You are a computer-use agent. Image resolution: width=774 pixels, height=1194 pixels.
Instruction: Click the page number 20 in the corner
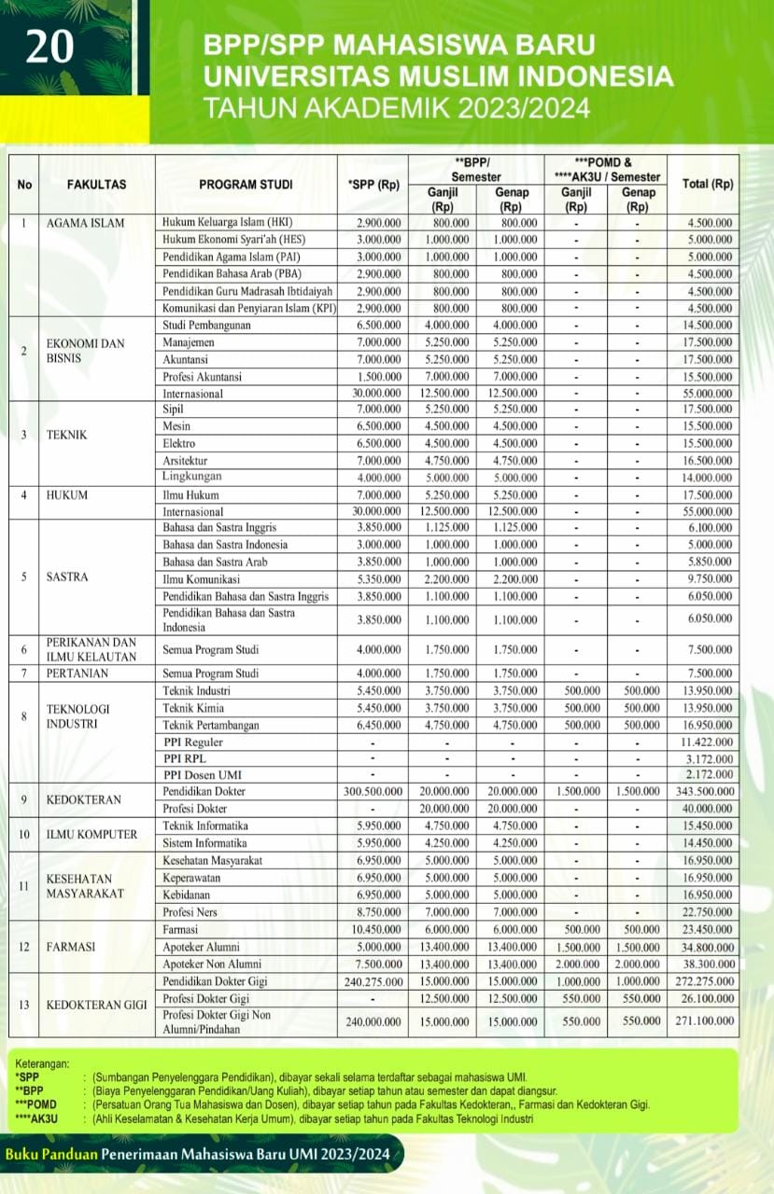click(x=49, y=47)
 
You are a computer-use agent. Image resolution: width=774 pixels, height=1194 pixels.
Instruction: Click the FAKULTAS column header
click(x=96, y=185)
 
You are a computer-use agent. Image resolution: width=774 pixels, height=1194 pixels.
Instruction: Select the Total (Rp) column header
click(x=708, y=185)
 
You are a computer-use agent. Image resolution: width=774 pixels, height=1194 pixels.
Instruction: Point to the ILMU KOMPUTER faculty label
click(x=91, y=834)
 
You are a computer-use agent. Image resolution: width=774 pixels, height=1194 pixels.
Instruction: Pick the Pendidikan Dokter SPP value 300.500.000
click(x=371, y=791)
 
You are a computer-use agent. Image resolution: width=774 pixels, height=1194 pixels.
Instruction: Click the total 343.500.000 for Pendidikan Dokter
click(x=702, y=791)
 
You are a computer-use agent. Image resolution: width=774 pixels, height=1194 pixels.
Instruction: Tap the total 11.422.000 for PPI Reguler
click(x=706, y=743)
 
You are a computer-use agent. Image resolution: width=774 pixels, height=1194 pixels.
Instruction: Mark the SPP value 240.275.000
click(x=371, y=981)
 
